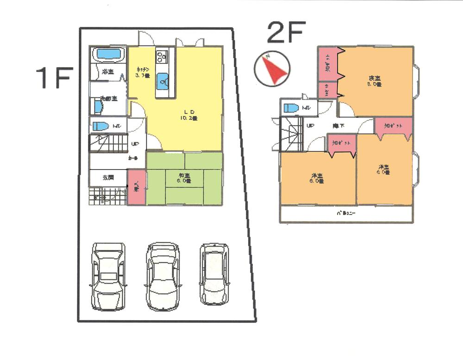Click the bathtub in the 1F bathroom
click(109, 54)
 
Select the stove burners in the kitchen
click(162, 57)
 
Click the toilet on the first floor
click(100, 126)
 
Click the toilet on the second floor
click(292, 108)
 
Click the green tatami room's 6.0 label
click(184, 178)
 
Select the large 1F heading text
click(55, 77)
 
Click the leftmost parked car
click(108, 276)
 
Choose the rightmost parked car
click(214, 274)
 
